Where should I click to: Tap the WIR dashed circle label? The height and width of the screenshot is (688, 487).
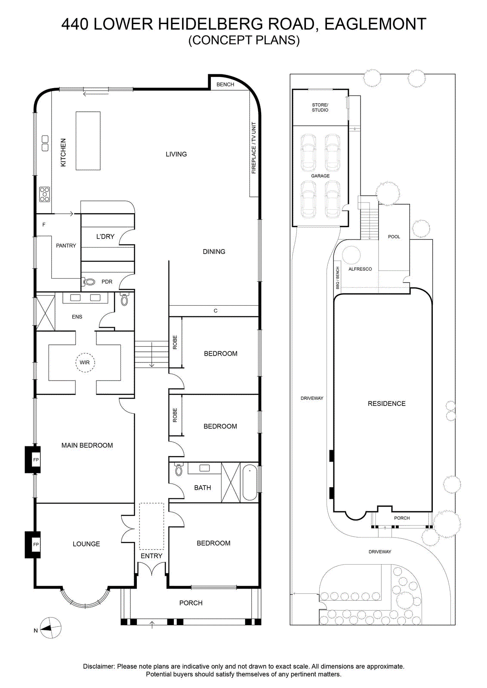tap(85, 362)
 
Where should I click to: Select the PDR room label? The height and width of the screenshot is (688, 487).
tap(107, 282)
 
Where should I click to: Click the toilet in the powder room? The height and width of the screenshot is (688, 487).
tap(89, 281)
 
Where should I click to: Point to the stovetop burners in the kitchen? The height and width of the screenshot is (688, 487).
tap(45, 194)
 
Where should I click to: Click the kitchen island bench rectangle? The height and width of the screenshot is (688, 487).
tap(88, 141)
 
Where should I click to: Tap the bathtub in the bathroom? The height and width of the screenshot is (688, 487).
tap(250, 482)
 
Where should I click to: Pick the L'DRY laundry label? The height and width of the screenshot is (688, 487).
tap(105, 236)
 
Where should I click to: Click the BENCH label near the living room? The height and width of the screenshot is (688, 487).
tap(225, 84)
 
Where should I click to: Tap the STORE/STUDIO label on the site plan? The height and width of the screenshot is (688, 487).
tap(320, 107)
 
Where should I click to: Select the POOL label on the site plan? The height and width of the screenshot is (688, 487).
tap(394, 237)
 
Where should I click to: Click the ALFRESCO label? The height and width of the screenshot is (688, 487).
tap(360, 269)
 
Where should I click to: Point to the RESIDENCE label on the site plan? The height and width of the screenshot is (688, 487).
tap(386, 404)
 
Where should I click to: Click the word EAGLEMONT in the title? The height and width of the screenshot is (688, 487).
tap(375, 24)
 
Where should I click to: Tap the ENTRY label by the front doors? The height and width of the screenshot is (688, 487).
tap(151, 556)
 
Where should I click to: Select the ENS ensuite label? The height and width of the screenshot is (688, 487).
tap(77, 317)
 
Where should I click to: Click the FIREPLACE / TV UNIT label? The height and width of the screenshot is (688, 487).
tap(254, 148)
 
